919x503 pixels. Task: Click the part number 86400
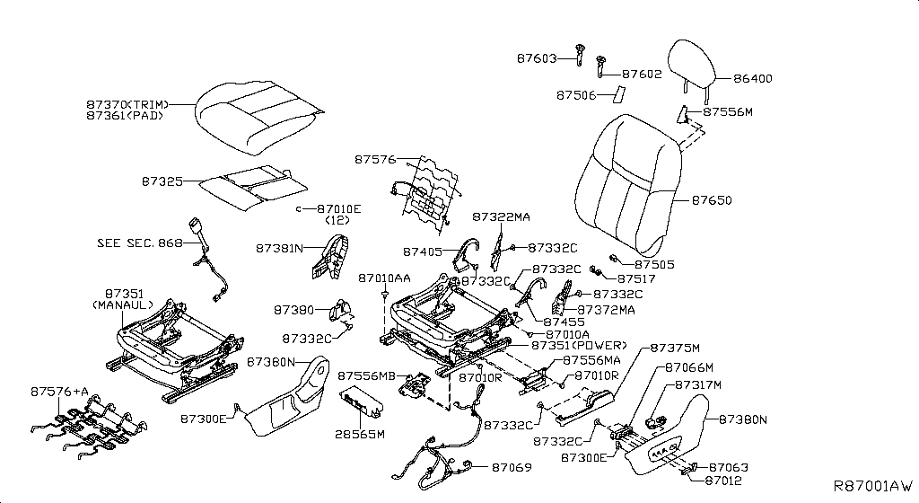coord(753,79)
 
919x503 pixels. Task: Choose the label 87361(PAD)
coord(126,116)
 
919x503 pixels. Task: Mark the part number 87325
coord(162,181)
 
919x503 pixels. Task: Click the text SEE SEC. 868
coord(139,243)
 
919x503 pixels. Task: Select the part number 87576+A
coord(60,392)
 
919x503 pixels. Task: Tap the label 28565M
coord(359,434)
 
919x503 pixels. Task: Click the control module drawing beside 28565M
coord(362,405)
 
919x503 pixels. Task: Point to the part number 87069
coord(510,467)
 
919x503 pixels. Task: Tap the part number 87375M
coord(674,348)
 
